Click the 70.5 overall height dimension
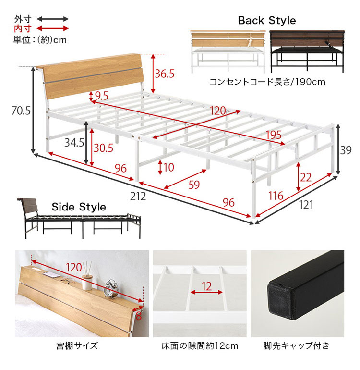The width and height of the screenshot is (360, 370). (x=21, y=111)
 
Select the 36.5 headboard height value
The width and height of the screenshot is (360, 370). (x=165, y=74)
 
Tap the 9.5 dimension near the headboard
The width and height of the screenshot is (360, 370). (x=102, y=96)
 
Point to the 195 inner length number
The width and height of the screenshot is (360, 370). (x=274, y=135)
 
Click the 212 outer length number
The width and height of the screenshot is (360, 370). (x=138, y=197)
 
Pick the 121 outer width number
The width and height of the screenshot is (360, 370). (x=306, y=205)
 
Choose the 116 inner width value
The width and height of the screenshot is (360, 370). (x=276, y=196)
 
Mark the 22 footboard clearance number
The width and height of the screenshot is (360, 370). (x=306, y=177)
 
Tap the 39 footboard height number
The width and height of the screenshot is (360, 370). (x=346, y=150)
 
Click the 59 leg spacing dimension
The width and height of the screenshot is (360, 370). (x=194, y=185)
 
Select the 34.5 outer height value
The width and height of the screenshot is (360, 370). (x=74, y=143)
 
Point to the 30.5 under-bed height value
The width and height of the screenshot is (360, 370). (x=104, y=148)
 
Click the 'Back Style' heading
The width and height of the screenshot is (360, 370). (x=267, y=20)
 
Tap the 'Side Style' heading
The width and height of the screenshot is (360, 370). (x=79, y=207)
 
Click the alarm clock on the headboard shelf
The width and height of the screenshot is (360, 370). (x=110, y=289)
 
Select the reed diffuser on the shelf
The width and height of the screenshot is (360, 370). (x=87, y=277)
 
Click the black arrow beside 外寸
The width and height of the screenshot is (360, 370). (x=53, y=19)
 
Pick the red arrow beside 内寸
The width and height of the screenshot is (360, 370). (x=53, y=29)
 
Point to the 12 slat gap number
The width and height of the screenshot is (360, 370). (x=207, y=286)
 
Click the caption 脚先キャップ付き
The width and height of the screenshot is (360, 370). (x=296, y=346)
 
